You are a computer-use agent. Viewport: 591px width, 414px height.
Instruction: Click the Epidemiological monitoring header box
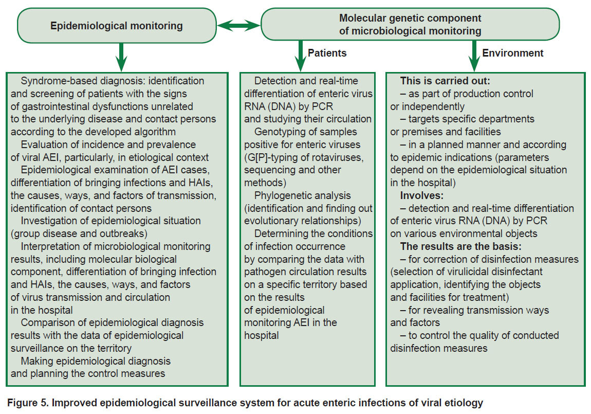pos(117,26)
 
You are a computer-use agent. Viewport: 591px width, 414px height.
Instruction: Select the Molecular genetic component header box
pos(410,25)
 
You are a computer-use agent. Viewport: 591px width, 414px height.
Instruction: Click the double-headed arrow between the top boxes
pos(238,26)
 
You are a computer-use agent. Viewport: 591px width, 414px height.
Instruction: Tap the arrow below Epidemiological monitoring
pos(121,57)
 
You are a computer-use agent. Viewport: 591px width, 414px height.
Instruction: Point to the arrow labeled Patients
pos(301,56)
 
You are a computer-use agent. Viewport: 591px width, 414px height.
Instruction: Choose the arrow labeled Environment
pos(474,56)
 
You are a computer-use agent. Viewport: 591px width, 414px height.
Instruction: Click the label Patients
pos(327,53)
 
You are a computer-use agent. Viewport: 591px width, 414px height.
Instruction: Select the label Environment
pos(512,53)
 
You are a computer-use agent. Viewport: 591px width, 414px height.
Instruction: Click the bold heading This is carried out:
pos(445,81)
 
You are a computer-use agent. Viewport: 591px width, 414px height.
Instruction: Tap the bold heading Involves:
pos(422,195)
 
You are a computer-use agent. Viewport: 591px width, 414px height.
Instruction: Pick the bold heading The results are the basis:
pos(461,246)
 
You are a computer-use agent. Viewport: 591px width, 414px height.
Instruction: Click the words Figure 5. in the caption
pos(28,403)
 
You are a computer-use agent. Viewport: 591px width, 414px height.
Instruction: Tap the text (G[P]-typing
pos(268,157)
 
